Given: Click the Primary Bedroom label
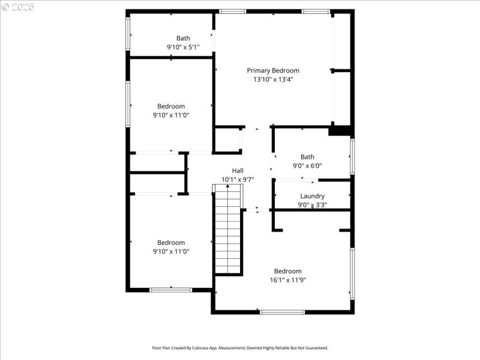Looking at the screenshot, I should tap(273, 70).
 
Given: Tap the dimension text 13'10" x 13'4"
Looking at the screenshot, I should tap(273, 79).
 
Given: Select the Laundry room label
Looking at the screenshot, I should tap(312, 196).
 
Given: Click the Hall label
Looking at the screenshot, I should tap(238, 170).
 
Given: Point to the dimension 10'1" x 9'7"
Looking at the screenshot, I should tap(238, 179).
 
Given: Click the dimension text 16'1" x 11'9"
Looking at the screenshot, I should tap(288, 280).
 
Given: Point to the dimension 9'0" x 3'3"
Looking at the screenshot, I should tap(312, 205).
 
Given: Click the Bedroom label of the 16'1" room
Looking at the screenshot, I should tap(288, 271).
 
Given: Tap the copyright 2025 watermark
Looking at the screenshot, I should tap(18, 7).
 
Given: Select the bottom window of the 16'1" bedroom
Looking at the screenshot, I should tap(282, 312).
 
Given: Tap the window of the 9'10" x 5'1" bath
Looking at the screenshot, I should tap(128, 33).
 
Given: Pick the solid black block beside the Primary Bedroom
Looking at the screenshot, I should tap(340, 130).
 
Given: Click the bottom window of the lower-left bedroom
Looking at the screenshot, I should tap(170, 290).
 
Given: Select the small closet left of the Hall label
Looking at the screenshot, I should tap(229, 139).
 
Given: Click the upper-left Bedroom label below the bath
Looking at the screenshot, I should tap(171, 106).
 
